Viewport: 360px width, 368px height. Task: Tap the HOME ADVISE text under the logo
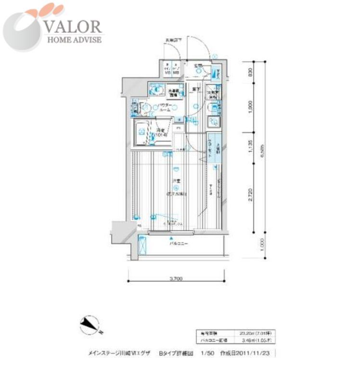[x=74, y=39]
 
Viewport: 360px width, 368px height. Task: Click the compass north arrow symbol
[x=89, y=325]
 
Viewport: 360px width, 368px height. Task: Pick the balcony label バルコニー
[x=178, y=244]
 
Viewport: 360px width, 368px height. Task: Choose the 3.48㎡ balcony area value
[x=251, y=340]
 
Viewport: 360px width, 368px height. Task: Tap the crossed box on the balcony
[x=143, y=246]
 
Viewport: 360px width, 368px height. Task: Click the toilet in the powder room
[x=156, y=90]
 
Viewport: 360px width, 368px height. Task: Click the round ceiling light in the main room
[x=176, y=169]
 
